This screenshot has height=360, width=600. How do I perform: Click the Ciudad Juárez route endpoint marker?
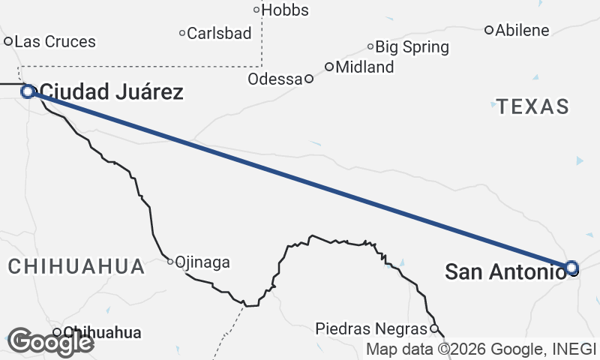tap(28, 91)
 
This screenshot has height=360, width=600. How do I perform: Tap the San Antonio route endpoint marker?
tap(571, 267)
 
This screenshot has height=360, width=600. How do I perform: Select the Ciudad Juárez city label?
tap(111, 92)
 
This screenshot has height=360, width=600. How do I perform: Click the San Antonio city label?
tap(504, 271)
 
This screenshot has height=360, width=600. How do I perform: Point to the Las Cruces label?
tap(55, 41)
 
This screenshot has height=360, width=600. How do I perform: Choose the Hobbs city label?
tap(285, 10)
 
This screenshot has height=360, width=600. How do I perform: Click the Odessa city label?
tap(275, 79)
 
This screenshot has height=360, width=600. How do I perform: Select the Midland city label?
tap(364, 67)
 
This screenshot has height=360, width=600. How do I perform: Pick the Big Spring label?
tap(412, 47)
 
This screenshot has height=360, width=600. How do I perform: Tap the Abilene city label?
tap(523, 31)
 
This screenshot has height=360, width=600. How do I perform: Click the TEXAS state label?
tap(533, 106)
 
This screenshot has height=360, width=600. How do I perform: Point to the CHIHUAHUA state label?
tap(76, 265)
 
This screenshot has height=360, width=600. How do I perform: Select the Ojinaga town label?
tap(202, 262)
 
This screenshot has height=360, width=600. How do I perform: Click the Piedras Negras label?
tap(372, 328)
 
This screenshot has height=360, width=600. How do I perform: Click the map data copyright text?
tap(481, 349)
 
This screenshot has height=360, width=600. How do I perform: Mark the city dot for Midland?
tap(328, 67)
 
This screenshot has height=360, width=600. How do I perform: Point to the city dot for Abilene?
tap(489, 31)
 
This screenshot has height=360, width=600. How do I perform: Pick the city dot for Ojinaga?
tap(170, 262)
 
